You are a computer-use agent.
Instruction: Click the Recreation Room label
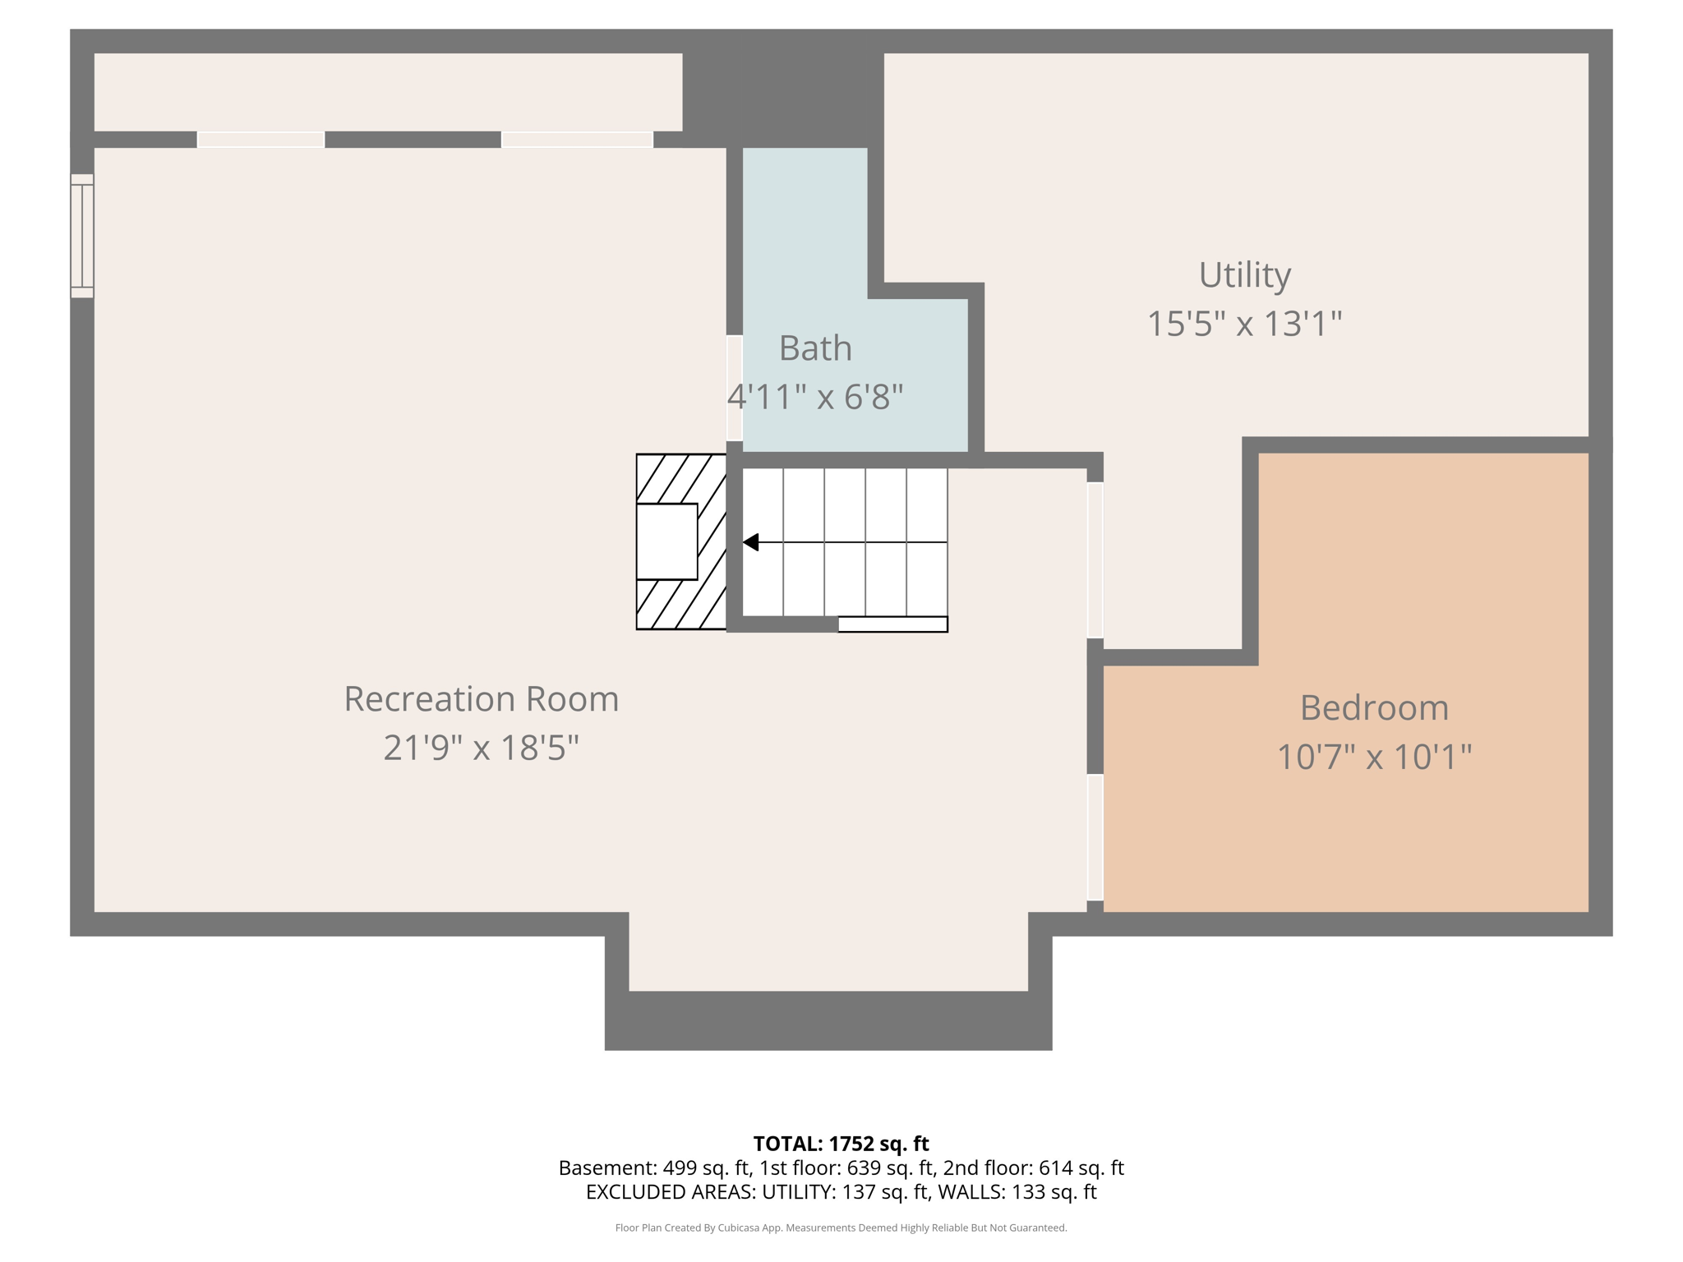click(x=481, y=699)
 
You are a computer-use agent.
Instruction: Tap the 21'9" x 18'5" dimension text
click(x=481, y=748)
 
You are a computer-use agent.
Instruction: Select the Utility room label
click(x=1244, y=275)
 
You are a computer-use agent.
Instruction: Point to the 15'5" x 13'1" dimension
click(x=1244, y=324)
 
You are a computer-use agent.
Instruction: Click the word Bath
click(x=815, y=348)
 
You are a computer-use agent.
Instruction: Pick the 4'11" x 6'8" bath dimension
click(x=815, y=398)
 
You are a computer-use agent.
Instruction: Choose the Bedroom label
click(x=1374, y=708)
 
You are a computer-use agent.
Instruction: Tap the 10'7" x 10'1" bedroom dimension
click(x=1374, y=757)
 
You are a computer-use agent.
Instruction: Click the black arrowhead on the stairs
click(x=751, y=542)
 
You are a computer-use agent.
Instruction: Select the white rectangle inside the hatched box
click(x=666, y=542)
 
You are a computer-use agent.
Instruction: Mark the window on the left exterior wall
click(x=82, y=236)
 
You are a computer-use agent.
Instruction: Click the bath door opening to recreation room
click(x=735, y=388)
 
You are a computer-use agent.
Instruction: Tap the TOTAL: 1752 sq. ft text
click(x=841, y=1144)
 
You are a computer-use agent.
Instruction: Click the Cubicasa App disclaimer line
click(x=841, y=1227)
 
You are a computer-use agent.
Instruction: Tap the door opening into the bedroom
click(x=1095, y=837)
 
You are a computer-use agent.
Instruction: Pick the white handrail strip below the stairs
click(x=892, y=624)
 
